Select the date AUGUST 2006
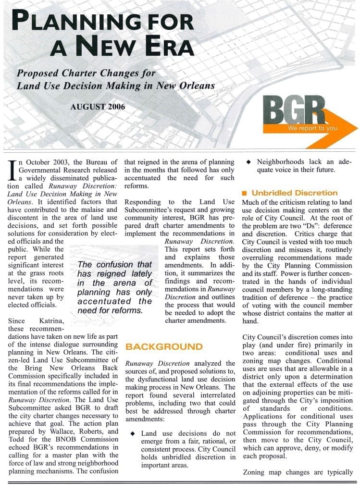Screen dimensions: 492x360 [x=98, y=107]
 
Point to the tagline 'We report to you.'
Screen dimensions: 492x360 [x=313, y=128]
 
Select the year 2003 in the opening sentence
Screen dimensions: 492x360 [x=61, y=162]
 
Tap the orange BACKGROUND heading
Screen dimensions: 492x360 [x=164, y=346]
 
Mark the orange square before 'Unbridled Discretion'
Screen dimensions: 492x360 [x=245, y=193]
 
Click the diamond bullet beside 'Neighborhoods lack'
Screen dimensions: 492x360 [x=248, y=162]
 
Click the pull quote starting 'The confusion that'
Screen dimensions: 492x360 [x=114, y=287]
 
